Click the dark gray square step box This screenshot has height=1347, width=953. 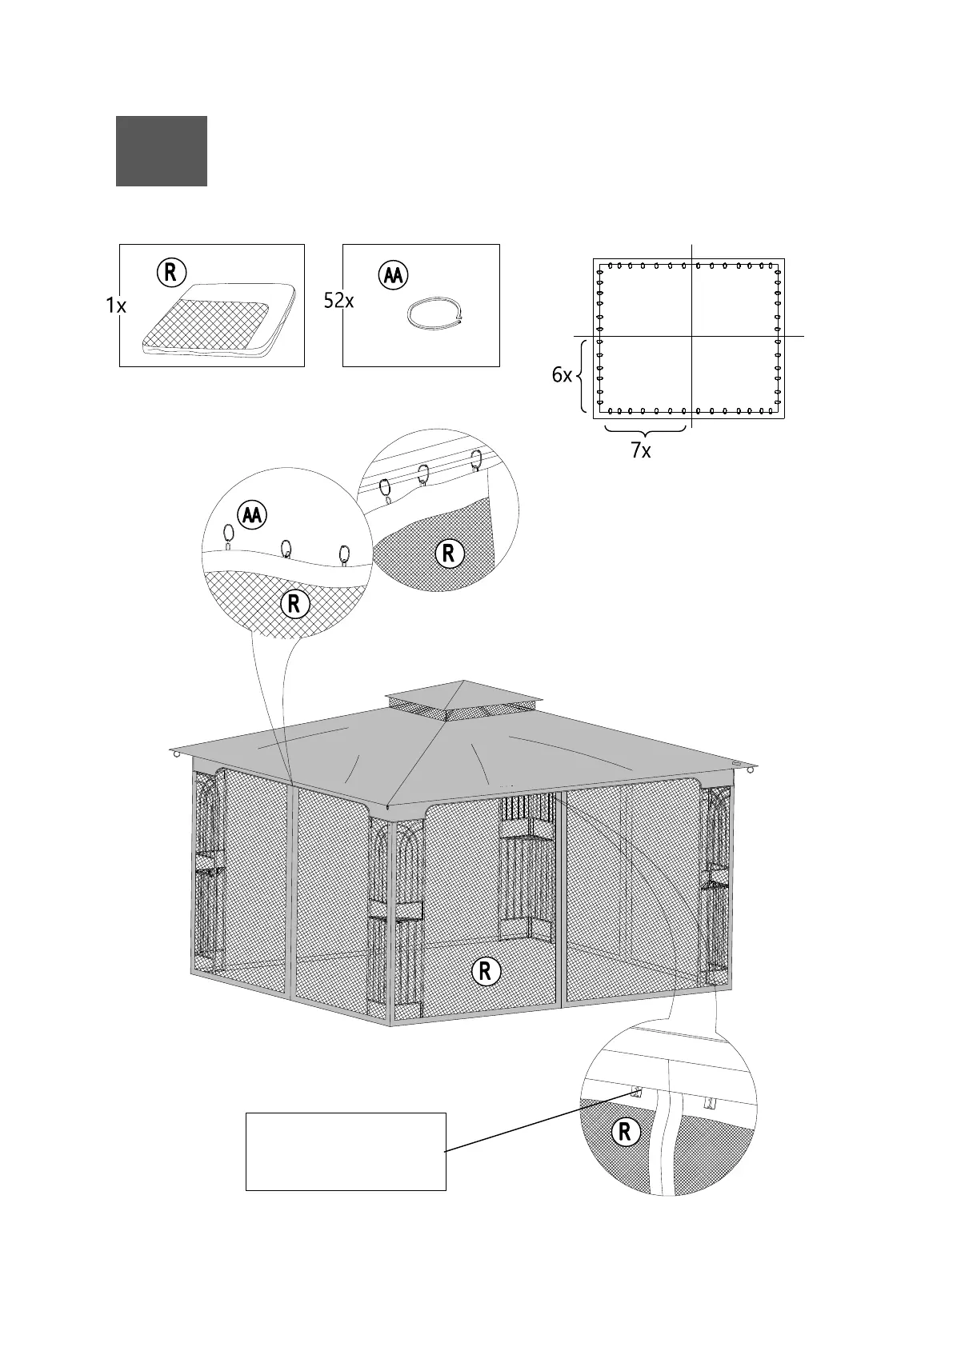[161, 151]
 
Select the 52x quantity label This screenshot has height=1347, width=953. [338, 301]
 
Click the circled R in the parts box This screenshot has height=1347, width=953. [170, 273]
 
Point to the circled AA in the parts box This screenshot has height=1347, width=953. [392, 275]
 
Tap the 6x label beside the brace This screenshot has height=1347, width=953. [562, 375]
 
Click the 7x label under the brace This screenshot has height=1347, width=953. [640, 451]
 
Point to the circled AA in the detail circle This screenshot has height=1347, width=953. [252, 516]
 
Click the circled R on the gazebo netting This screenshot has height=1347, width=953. [485, 971]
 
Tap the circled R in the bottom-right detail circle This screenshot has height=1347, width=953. [624, 1132]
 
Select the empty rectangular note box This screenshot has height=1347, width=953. [345, 1151]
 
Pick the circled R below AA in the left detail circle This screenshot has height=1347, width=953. [294, 604]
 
